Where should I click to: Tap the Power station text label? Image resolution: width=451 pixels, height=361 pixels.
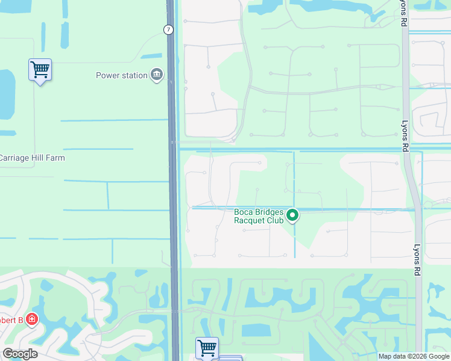[122, 75]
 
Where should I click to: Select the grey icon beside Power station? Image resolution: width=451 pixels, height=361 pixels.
[157, 75]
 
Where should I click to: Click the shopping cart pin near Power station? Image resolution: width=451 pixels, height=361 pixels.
[40, 70]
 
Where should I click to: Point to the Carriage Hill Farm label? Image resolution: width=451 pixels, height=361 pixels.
[32, 158]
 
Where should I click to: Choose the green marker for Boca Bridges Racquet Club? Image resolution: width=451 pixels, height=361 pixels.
[292, 215]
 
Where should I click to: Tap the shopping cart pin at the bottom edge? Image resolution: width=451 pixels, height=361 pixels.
[207, 347]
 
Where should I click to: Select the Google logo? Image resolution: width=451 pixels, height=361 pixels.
[19, 354]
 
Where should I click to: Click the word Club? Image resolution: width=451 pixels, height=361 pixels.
[274, 221]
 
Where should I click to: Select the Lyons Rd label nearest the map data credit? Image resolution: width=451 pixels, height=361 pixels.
[416, 260]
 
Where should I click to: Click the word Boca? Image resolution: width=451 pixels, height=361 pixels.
[244, 212]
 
